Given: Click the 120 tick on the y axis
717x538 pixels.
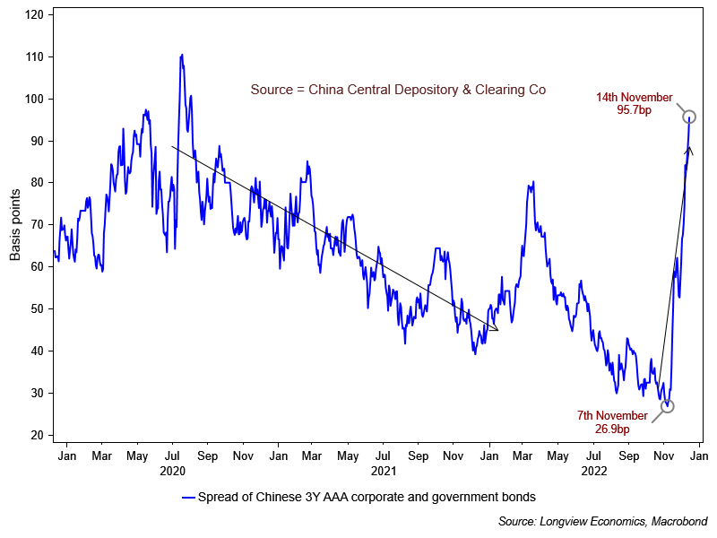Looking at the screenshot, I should [x=34, y=14].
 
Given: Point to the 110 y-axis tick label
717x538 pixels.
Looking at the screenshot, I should [x=34, y=56].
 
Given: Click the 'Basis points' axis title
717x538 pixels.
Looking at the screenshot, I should [x=14, y=225].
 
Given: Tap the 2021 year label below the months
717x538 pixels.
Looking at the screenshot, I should [x=383, y=470].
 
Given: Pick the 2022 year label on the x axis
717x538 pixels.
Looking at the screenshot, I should [x=594, y=470].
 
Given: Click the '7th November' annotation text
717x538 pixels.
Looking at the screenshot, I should [x=612, y=416].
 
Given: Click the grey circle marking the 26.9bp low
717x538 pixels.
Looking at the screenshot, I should [x=667, y=406].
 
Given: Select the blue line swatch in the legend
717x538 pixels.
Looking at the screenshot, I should [x=188, y=496].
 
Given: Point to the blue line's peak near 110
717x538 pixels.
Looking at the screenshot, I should [x=182, y=55].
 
